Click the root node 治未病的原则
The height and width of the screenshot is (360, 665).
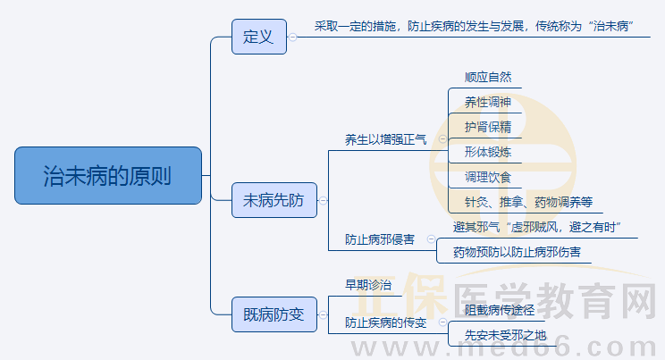point(108,175)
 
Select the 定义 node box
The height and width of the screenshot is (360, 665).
point(258,37)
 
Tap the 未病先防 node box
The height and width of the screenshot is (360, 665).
point(274,201)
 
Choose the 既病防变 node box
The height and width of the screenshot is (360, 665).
point(274,314)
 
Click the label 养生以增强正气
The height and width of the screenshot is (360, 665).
point(386,139)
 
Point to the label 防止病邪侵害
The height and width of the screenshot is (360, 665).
point(380,239)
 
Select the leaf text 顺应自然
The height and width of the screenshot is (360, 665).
point(488,77)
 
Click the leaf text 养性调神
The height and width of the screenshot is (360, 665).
point(488,102)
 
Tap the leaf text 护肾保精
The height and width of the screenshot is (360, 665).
point(488,127)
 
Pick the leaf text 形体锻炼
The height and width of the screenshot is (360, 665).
point(488,152)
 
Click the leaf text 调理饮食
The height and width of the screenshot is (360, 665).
point(488,177)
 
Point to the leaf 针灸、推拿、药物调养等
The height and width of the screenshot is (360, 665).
point(528,202)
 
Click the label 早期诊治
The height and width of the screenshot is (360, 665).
point(368,285)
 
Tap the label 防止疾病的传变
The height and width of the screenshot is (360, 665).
point(386,322)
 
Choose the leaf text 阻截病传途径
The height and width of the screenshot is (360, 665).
point(500,310)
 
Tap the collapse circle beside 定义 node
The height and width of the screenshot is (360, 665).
point(292,37)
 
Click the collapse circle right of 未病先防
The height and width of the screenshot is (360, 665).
point(323,201)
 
